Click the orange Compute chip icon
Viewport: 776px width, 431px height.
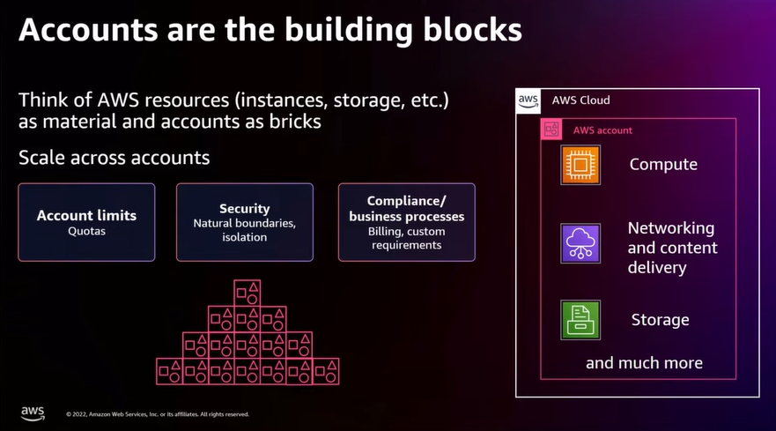pyautogui.click(x=580, y=165)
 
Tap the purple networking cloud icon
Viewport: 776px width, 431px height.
pyautogui.click(x=580, y=243)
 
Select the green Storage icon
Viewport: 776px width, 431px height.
pyautogui.click(x=580, y=320)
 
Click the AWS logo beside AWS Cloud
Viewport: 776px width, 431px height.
pyautogui.click(x=528, y=101)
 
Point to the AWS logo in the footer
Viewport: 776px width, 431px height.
pyautogui.click(x=33, y=412)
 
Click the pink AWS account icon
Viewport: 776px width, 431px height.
pyautogui.click(x=552, y=130)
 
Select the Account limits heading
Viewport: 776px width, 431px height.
pyautogui.click(x=86, y=215)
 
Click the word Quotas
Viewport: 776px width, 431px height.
pyautogui.click(x=86, y=232)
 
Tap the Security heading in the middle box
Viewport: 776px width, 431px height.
pyautogui.click(x=244, y=209)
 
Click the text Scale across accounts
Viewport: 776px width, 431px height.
pyautogui.click(x=115, y=158)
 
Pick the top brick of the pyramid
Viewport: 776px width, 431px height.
pyautogui.click(x=247, y=293)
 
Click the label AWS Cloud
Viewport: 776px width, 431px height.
pyautogui.click(x=580, y=100)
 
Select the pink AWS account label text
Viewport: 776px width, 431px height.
pyautogui.click(x=602, y=130)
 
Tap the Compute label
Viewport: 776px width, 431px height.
pyautogui.click(x=662, y=165)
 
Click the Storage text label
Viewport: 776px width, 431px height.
pyautogui.click(x=660, y=320)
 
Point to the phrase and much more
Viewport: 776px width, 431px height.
pyautogui.click(x=644, y=362)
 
